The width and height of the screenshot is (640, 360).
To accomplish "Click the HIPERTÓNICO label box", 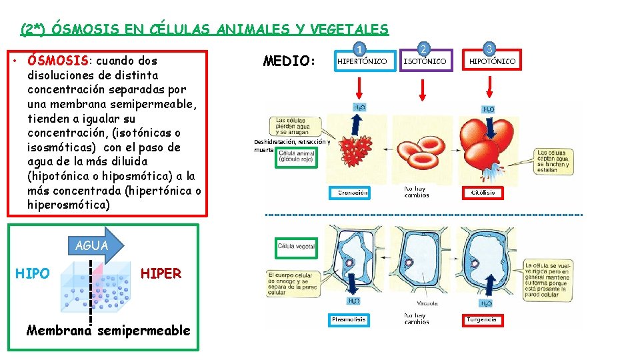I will pos(361,61).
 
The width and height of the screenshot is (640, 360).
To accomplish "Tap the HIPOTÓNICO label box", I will pos(491,61).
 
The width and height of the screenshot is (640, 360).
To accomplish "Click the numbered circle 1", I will pos(360,49).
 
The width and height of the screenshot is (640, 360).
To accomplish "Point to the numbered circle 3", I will pos(490,49).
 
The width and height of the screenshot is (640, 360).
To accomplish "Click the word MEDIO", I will pos(289,61).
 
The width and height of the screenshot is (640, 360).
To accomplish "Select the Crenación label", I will pos(353,193).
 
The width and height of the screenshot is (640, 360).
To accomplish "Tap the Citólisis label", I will pos(483,193).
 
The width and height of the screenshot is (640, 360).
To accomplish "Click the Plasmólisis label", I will pos(349,320).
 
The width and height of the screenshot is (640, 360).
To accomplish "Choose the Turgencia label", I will pos(481,320).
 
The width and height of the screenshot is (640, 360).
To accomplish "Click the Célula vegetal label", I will pos(296,247).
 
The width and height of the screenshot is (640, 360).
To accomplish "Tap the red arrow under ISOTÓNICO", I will pos(423,87).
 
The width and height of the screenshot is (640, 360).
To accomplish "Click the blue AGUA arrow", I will pos(94,245).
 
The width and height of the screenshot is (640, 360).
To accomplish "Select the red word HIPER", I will pos(161,274).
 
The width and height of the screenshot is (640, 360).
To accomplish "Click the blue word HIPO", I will pos(31,274).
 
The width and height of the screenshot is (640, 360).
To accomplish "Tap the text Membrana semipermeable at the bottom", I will pos(108,331).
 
